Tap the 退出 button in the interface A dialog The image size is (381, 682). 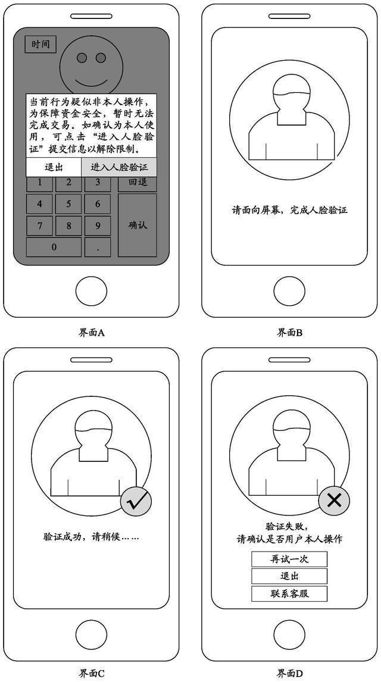click(x=54, y=167)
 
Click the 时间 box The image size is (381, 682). click(x=40, y=45)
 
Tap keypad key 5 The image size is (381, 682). click(x=68, y=204)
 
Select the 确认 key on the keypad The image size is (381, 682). click(x=138, y=225)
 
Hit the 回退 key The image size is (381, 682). click(x=138, y=182)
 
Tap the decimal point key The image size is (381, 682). click(x=98, y=248)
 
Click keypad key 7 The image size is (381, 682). click(x=39, y=226)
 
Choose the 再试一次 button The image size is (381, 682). click(x=289, y=559)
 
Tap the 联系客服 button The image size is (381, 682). click(x=289, y=593)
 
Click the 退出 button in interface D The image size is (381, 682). click(x=289, y=576)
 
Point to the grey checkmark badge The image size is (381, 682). click(x=136, y=503)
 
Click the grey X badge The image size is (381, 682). click(x=334, y=500)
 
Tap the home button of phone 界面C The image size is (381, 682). click(x=91, y=635)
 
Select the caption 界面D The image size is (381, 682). click(x=289, y=674)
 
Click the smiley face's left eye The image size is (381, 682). click(x=82, y=57)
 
